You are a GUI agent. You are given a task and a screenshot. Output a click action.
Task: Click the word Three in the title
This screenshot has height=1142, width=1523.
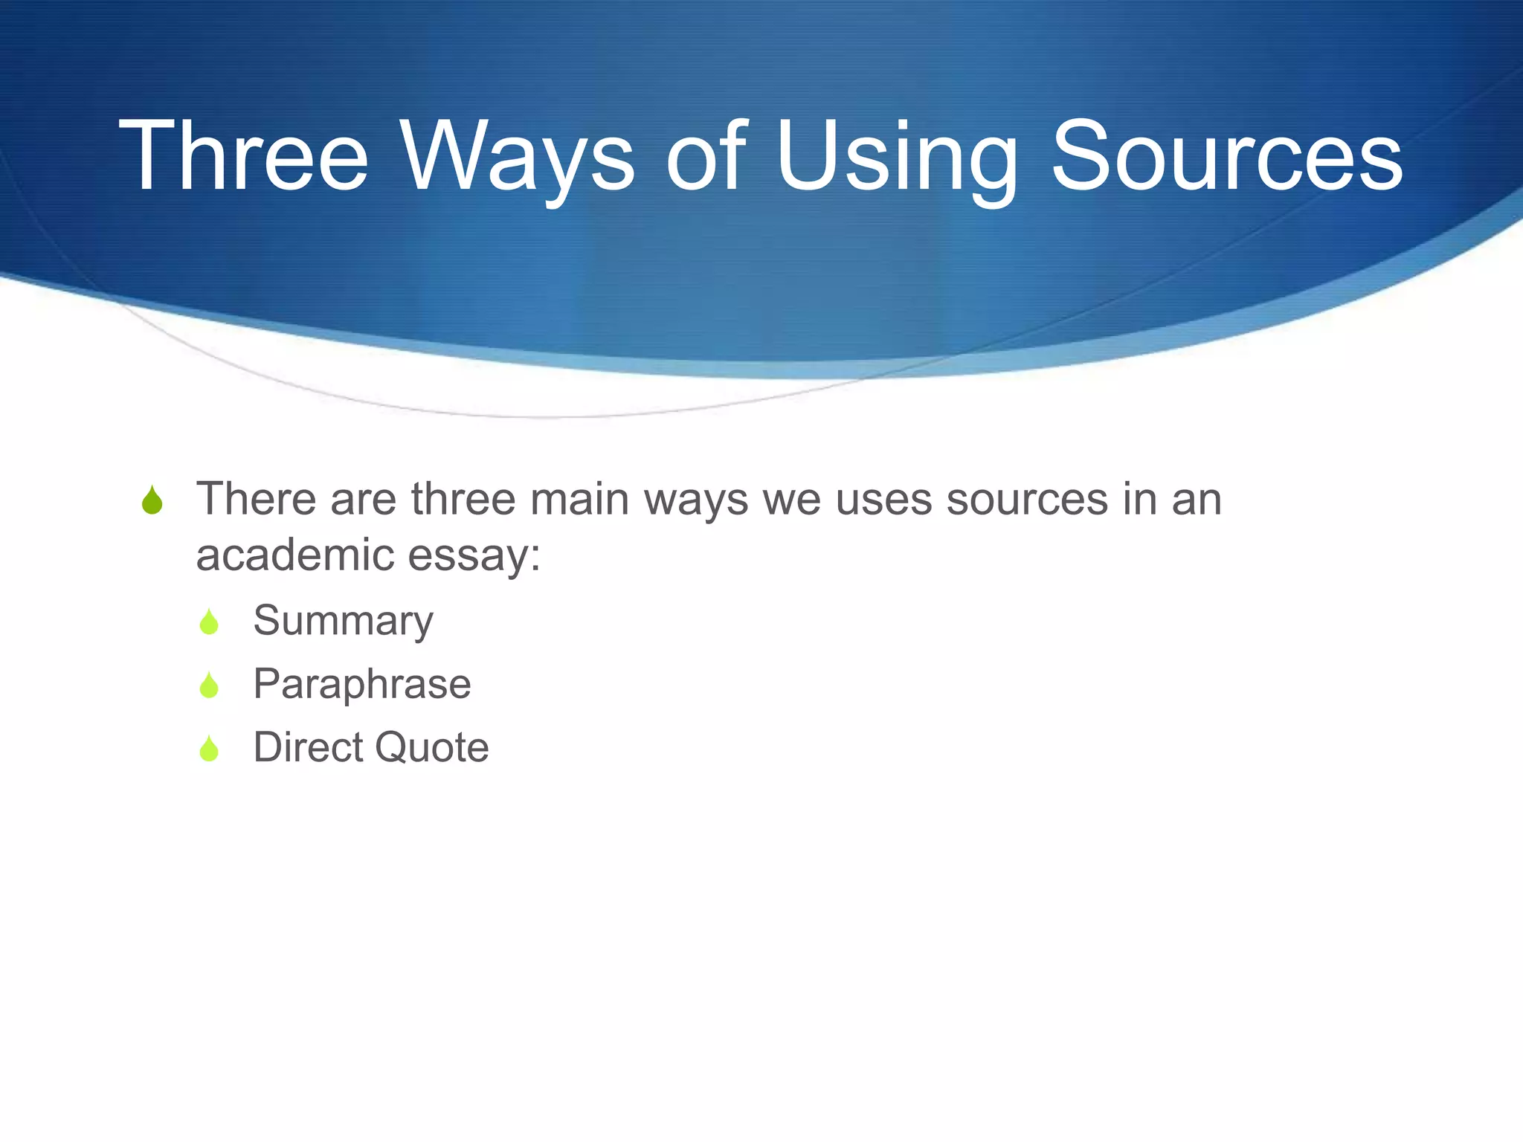pyautogui.click(x=243, y=157)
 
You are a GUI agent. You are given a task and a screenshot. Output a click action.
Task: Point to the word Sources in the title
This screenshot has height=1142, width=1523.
pyautogui.click(x=1227, y=157)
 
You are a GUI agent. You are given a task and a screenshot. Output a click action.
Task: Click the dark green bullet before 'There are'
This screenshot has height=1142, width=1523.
pyautogui.click(x=152, y=500)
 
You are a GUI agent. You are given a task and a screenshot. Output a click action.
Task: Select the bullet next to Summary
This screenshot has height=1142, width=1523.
pyautogui.click(x=209, y=622)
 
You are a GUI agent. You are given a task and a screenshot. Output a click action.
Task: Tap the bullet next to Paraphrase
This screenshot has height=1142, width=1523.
pyautogui.click(x=209, y=685)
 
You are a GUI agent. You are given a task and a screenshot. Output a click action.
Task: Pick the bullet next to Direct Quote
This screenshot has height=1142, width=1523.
pyautogui.click(x=209, y=748)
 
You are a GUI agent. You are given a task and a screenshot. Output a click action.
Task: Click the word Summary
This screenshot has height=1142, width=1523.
pyautogui.click(x=343, y=621)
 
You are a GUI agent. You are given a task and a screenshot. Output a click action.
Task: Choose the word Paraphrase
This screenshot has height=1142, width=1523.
pyautogui.click(x=362, y=684)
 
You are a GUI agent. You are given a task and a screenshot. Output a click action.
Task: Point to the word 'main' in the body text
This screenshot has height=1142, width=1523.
pyautogui.click(x=579, y=499)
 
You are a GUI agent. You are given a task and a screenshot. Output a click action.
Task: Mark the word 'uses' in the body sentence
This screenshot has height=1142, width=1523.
pyautogui.click(x=883, y=499)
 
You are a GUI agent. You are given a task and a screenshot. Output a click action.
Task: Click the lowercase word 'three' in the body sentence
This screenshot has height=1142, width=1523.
pyautogui.click(x=463, y=499)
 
